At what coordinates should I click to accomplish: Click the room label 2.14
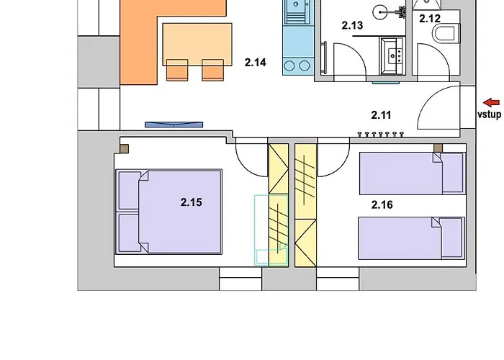pos(255,63)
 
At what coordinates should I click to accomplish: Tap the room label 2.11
pos(381,115)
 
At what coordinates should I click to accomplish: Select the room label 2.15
pos(192,202)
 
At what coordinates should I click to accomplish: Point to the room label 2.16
pos(382,204)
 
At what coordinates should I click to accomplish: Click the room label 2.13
pos(352,25)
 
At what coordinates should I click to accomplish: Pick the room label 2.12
pos(430,19)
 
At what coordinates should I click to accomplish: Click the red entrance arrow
pos(492,103)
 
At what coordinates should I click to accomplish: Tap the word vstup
pos(489,114)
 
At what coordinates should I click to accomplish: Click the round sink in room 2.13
pos(381,12)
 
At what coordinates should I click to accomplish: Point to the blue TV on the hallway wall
pos(174,125)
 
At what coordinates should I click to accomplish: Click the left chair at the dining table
pos(177,70)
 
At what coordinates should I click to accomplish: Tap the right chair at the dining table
pos(213,70)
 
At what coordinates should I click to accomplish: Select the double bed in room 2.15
pos(168,212)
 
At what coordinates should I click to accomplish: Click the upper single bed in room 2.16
pos(413,174)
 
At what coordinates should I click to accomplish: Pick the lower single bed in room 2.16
pos(412,238)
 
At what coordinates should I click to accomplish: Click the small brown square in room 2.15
pos(125,149)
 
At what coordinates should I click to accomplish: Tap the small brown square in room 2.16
pos(438,148)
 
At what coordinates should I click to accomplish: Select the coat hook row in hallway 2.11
pos(381,134)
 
